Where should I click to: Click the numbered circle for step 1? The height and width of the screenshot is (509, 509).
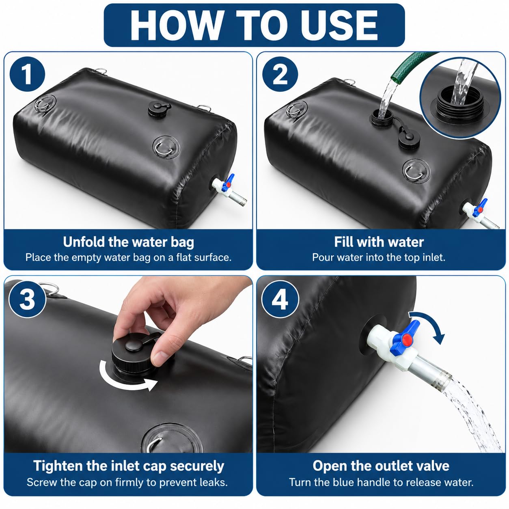click(x=27, y=74)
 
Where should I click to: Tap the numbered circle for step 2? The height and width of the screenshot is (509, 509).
click(x=280, y=74)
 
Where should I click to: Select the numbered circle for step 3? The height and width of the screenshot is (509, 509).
click(x=27, y=299)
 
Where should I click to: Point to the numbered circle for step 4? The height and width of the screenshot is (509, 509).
click(x=280, y=299)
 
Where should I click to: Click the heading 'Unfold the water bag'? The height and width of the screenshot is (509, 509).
click(x=128, y=242)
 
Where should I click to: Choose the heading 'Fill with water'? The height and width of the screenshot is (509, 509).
click(x=379, y=242)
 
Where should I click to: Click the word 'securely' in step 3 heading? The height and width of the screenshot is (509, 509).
click(x=197, y=466)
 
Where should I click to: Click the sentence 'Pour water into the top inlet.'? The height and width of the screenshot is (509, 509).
click(x=379, y=257)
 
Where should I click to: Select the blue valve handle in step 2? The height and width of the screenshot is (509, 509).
click(x=479, y=208)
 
